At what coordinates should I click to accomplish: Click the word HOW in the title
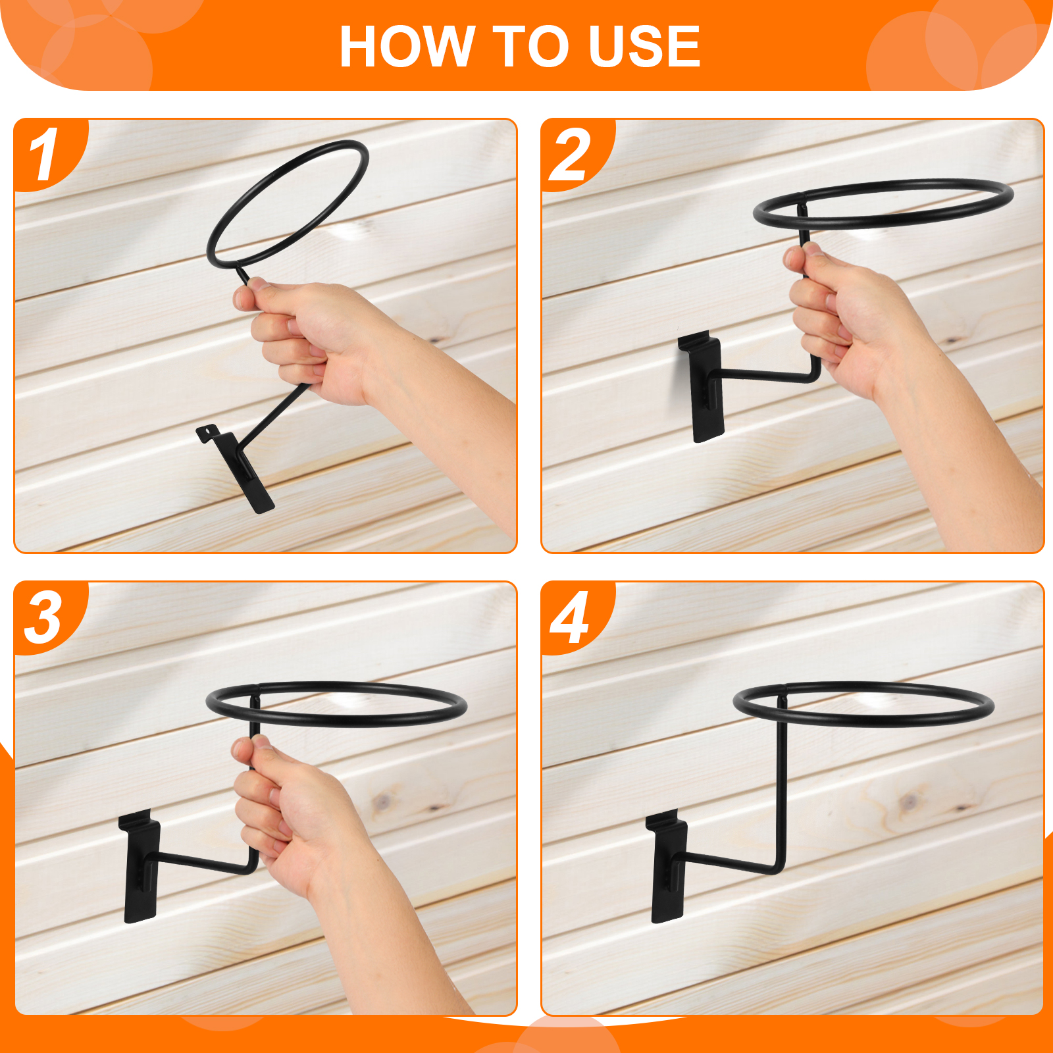pyautogui.click(x=407, y=46)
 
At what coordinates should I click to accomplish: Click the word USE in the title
pyautogui.click(x=644, y=46)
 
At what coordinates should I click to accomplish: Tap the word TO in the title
pyautogui.click(x=530, y=46)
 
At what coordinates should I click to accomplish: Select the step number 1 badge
pyautogui.click(x=45, y=154)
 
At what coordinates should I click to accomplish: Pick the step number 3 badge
pyautogui.click(x=45, y=617)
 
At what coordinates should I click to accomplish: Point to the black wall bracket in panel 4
pyautogui.click(x=667, y=866)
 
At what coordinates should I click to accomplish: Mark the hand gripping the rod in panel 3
pyautogui.click(x=296, y=816)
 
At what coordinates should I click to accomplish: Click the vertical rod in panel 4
pyautogui.click(x=782, y=790)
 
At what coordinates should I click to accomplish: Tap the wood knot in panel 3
pyautogui.click(x=382, y=802)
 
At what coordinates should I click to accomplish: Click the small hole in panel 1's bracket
pyautogui.click(x=210, y=432)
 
